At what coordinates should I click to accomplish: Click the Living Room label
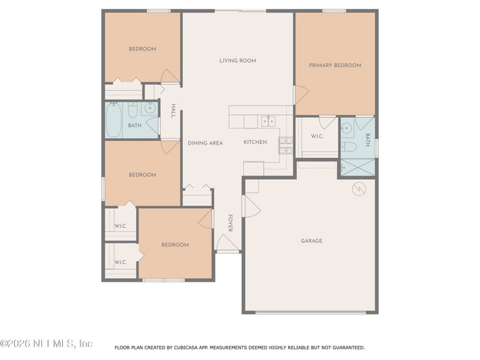238,60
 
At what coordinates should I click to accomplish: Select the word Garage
311,240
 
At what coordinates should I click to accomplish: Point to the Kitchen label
255,142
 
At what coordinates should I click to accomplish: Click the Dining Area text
205,143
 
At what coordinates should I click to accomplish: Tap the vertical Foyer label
230,224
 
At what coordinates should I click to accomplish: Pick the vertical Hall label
173,111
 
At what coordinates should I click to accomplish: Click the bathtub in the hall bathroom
114,121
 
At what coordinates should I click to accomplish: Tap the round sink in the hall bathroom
150,108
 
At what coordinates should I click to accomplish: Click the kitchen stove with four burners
284,142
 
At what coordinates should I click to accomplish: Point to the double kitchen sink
268,120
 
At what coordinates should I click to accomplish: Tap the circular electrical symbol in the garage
358,189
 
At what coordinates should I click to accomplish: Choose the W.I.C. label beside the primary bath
317,136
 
